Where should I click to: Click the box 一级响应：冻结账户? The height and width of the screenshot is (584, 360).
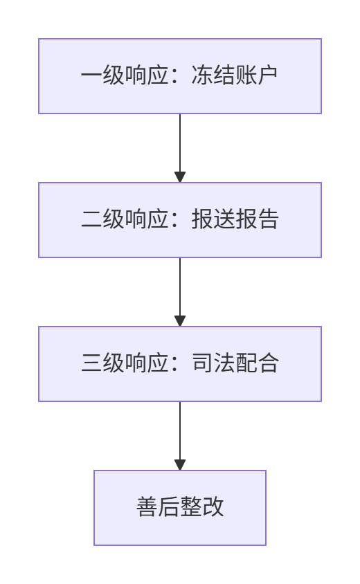click(180, 76)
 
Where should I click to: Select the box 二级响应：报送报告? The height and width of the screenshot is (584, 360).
click(180, 220)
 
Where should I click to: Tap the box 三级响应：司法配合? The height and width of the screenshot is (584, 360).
click(180, 364)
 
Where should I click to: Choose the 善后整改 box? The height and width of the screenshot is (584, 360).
click(180, 508)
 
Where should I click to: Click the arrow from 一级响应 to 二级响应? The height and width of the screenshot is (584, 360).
click(180, 148)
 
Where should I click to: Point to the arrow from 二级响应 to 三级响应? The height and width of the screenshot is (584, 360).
click(180, 292)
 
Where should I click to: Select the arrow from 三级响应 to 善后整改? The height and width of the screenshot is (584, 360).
click(180, 436)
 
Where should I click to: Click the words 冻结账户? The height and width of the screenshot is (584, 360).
click(235, 75)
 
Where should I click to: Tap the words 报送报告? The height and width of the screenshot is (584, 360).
click(235, 219)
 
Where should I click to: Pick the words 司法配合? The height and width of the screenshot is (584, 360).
click(235, 363)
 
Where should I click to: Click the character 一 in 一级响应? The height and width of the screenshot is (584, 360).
click(91, 75)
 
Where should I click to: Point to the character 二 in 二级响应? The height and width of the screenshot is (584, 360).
click(91, 219)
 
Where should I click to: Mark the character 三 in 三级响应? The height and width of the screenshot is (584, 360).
click(91, 363)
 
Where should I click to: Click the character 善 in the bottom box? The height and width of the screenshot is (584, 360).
click(147, 507)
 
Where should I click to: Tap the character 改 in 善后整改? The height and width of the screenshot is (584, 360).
click(213, 507)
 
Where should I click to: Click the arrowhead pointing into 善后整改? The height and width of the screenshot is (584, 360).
click(180, 465)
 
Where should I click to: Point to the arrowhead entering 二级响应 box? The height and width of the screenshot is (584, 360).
click(180, 177)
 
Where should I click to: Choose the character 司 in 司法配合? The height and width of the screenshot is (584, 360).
click(202, 363)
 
